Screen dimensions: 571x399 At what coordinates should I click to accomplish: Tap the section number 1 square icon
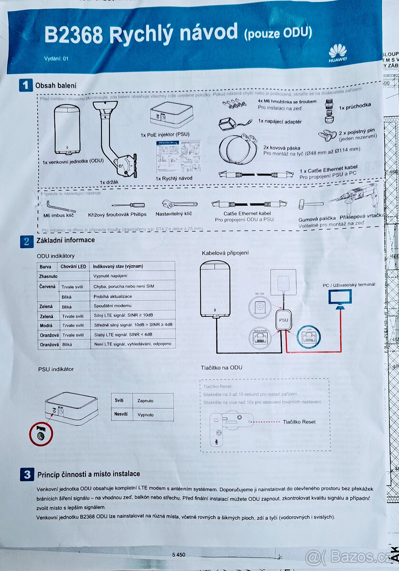(25, 85)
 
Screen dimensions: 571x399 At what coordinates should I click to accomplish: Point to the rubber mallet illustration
(304, 205)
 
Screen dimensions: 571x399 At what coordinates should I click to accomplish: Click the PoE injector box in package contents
(170, 116)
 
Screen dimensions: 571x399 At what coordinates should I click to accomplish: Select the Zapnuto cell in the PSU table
(145, 401)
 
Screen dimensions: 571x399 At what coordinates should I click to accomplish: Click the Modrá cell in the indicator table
(46, 325)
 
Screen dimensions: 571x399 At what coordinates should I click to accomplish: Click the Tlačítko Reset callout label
(299, 422)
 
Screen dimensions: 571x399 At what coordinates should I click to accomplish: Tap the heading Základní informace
(66, 240)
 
